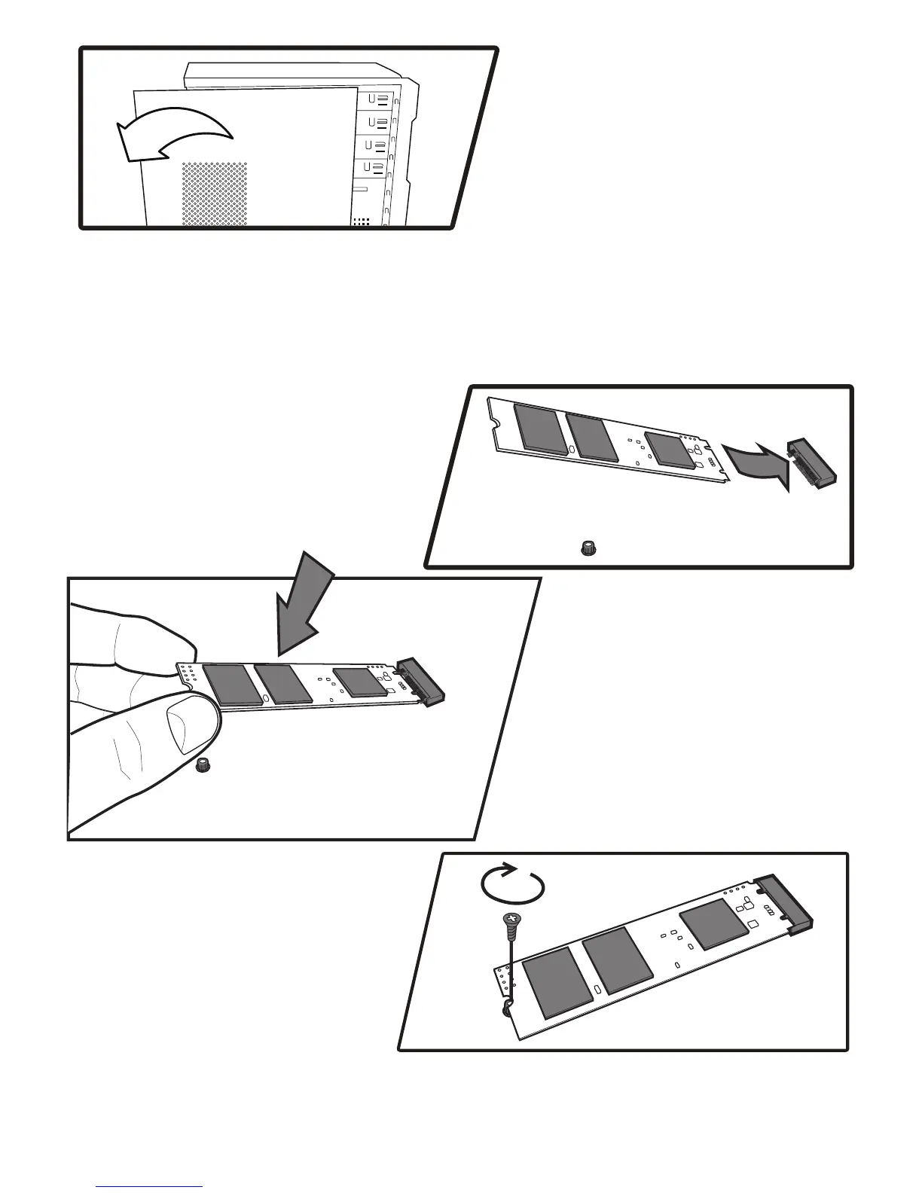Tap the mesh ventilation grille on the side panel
click(214, 193)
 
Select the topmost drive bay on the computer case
click(376, 99)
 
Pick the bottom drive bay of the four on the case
click(374, 167)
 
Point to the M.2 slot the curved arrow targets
click(811, 461)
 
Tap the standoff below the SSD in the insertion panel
click(588, 548)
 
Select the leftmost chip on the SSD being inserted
click(539, 429)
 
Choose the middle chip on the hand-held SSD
click(282, 683)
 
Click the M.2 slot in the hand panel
click(422, 681)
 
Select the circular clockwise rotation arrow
click(513, 883)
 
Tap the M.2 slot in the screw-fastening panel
click(786, 902)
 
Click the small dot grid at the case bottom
click(362, 221)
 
